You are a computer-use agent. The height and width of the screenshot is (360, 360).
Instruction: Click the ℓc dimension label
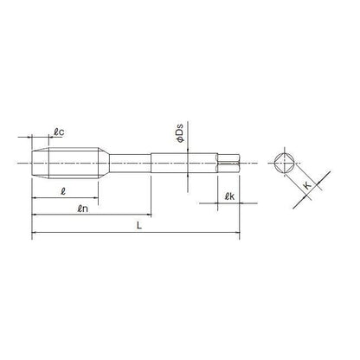click(x=58, y=132)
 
